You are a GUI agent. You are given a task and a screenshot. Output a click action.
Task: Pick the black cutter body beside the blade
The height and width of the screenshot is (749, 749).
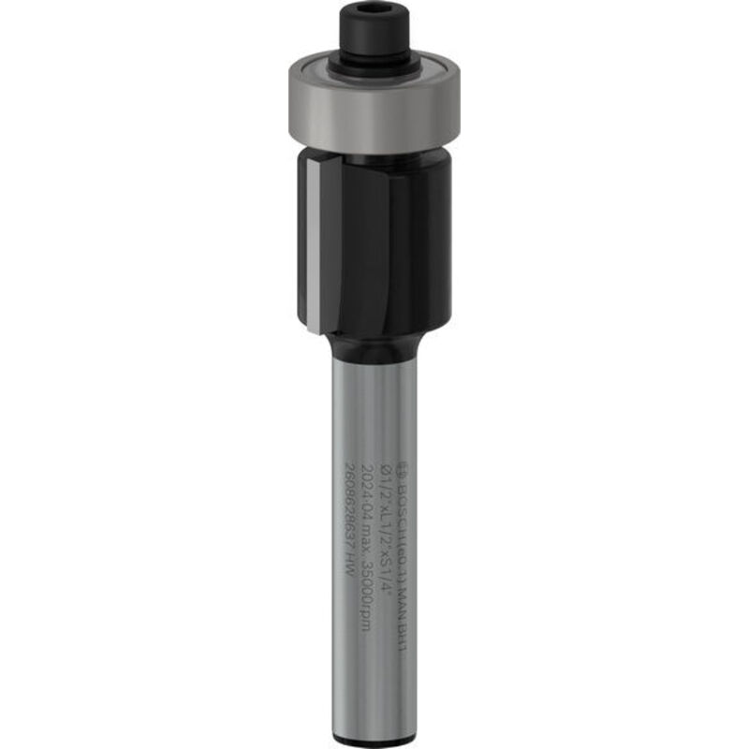(393, 243)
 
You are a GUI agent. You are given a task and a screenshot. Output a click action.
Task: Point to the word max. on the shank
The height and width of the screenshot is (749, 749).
(372, 541)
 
